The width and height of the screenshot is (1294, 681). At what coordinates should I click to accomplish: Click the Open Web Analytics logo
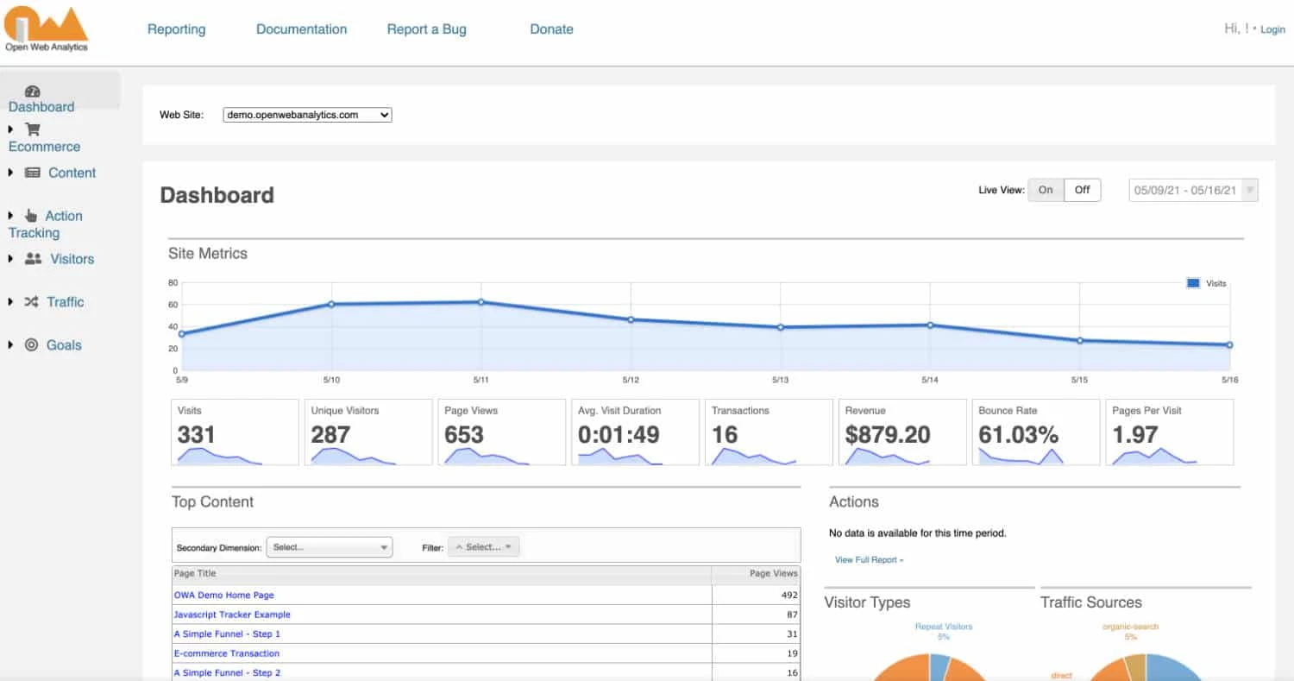coord(47,29)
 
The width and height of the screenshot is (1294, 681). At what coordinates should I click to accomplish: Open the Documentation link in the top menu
coord(301,29)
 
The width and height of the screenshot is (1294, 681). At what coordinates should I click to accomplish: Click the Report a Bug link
coord(426,29)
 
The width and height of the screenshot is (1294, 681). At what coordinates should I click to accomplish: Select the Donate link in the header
coord(551,29)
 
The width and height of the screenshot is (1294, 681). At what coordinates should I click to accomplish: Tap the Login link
coord(1272,29)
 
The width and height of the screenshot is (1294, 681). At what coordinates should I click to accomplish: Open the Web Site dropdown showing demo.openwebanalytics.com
coord(307,115)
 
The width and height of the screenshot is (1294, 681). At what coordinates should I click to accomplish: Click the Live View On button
coord(1046,190)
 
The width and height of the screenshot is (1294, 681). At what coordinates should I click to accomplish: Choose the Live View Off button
coord(1082,190)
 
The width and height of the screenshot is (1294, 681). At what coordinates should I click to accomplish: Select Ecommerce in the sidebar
coord(44,147)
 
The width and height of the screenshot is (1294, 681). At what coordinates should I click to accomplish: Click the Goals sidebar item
coord(64,345)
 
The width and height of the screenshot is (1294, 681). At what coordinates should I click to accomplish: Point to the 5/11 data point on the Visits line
coord(481,302)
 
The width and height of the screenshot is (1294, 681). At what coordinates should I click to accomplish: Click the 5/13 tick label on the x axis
coord(780,380)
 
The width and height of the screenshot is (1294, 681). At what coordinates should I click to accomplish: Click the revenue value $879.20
coord(888,435)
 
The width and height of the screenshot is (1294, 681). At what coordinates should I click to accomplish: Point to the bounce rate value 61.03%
coord(1018,435)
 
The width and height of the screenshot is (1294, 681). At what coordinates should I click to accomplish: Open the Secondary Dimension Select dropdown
coord(330,547)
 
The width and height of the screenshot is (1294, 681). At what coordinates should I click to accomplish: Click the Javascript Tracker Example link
coord(232,615)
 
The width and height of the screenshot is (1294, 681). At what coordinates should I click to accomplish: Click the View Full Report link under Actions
coord(869,560)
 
